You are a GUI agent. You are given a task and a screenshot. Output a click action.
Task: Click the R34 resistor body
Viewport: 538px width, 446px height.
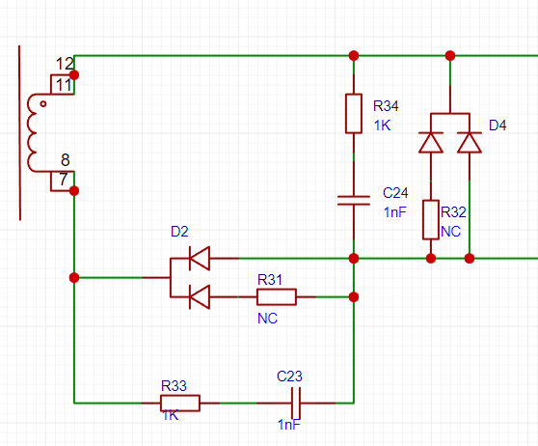pos(354,113)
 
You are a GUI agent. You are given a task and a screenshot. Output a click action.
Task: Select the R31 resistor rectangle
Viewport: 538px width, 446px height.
pos(277,297)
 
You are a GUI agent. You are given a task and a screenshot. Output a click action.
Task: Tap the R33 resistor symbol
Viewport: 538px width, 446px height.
pos(180,403)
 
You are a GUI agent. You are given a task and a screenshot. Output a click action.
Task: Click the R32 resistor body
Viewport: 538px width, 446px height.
pos(431,219)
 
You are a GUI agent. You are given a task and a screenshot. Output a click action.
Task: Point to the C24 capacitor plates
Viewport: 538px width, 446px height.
pos(354,201)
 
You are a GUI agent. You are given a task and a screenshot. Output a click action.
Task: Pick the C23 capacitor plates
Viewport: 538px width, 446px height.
pos(296,403)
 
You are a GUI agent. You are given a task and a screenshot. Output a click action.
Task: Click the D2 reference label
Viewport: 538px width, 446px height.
pos(179,232)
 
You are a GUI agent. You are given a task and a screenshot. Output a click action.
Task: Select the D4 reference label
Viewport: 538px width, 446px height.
pos(498,125)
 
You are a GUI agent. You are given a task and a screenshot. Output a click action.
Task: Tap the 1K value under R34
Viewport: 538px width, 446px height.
pos(382,125)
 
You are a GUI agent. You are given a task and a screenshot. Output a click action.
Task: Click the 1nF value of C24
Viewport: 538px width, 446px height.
pos(395,212)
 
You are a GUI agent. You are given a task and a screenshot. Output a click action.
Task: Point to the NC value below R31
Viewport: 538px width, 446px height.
pos(267,319)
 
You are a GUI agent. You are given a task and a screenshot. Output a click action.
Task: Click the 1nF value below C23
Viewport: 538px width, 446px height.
pos(289,425)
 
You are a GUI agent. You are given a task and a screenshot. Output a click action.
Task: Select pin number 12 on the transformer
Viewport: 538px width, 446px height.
pos(65,64)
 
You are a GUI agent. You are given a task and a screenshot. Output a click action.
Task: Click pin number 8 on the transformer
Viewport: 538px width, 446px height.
pos(66,160)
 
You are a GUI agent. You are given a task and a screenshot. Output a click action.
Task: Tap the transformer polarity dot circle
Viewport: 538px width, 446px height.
pos(42,103)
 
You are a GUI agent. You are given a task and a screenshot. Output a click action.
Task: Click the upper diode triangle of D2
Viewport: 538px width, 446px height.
pos(200,258)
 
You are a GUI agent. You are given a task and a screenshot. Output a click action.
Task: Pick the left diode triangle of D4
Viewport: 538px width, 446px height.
pos(431,142)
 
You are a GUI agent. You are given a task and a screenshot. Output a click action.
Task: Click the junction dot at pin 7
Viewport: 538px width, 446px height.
pos(74,191)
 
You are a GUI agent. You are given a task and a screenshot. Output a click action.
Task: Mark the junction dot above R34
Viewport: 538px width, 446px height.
pos(354,55)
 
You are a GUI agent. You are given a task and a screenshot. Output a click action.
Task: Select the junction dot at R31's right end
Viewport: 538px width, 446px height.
pos(354,297)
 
